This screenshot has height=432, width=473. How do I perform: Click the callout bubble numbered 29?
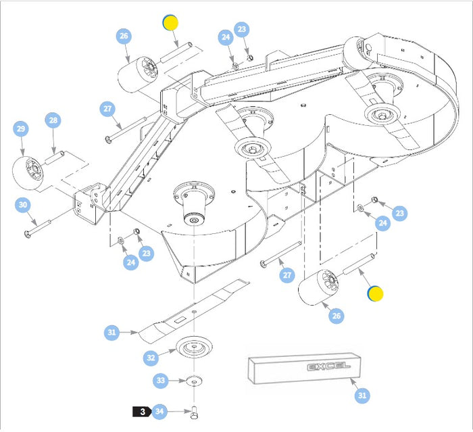pos(21,128)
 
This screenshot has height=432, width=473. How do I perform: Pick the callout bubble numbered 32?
pos(151,357)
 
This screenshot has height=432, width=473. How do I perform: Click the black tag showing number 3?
pos(141,411)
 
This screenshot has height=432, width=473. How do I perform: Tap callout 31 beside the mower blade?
pos(112,332)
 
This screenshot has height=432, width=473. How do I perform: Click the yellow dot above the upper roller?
pos(170,22)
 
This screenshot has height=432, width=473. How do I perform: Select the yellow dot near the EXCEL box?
pos(375,293)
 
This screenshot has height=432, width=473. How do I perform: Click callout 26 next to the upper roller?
pos(124,37)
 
